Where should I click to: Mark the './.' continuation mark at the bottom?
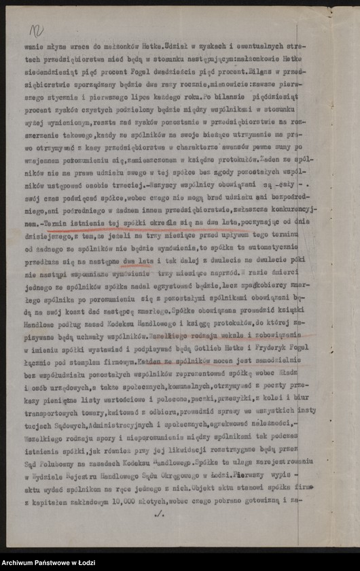coord(160,515)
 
